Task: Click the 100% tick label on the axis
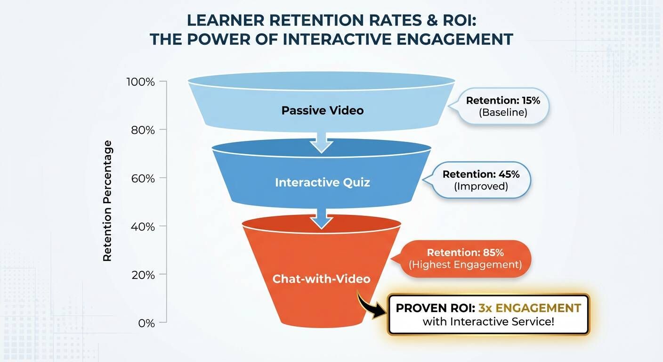pyautogui.click(x=141, y=82)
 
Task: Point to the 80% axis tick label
pyautogui.click(x=143, y=130)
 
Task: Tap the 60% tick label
pyautogui.click(x=143, y=179)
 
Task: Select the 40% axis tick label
pyautogui.click(x=143, y=227)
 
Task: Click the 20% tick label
pyautogui.click(x=143, y=275)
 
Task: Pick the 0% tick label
pyautogui.click(x=146, y=323)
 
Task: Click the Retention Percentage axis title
pyautogui.click(x=107, y=201)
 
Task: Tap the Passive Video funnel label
pyautogui.click(x=323, y=110)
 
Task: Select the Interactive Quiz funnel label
pyautogui.click(x=323, y=182)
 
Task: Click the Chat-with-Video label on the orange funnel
pyautogui.click(x=322, y=279)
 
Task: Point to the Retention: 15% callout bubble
pyautogui.click(x=499, y=106)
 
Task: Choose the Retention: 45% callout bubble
pyautogui.click(x=477, y=180)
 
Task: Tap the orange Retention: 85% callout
pyautogui.click(x=462, y=259)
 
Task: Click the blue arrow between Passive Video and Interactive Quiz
pyautogui.click(x=322, y=142)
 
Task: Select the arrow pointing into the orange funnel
pyautogui.click(x=322, y=219)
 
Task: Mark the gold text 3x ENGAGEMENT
pyautogui.click(x=530, y=308)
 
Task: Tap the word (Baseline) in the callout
pyautogui.click(x=503, y=113)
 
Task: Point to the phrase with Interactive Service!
pyautogui.click(x=488, y=322)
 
